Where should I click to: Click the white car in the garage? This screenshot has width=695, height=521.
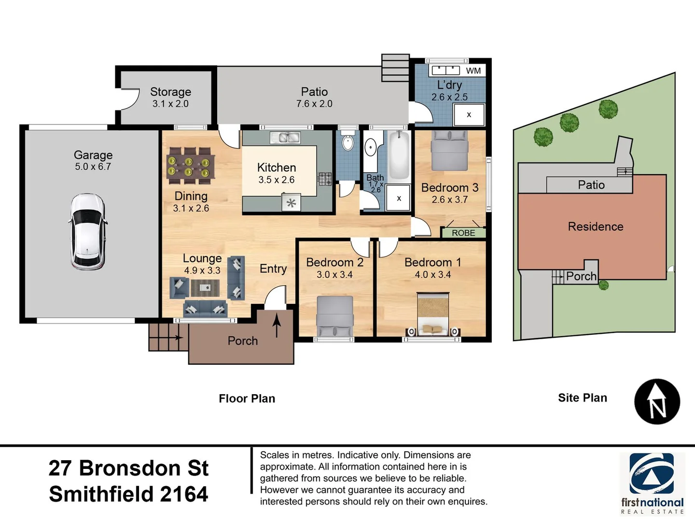pos(87,232)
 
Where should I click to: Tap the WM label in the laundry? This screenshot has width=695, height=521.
pos(473,71)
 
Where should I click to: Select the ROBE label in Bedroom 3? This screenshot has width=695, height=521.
pos(463,233)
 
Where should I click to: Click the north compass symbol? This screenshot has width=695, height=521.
pos(657,401)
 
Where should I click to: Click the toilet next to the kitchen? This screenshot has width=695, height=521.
pos(347,143)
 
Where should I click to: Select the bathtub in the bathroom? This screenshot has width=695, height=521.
pos(399,155)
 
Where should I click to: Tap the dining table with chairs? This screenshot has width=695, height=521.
pos(191,166)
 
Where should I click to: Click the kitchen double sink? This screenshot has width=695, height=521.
pos(285,138)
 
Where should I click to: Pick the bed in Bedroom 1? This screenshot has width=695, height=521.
pos(433,314)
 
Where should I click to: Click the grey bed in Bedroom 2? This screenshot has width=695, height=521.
pos(334,315)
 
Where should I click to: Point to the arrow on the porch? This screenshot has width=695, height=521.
pos(277,326)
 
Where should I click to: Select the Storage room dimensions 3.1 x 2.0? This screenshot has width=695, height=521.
pos(170,104)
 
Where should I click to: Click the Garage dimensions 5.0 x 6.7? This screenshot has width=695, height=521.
pos(93,167)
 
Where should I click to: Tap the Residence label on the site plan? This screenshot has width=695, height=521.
pos(595,227)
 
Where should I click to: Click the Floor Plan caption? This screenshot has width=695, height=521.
pos(247,398)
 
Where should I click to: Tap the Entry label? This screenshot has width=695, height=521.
pos(273,269)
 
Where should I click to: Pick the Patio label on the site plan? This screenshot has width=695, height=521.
pos(591,185)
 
